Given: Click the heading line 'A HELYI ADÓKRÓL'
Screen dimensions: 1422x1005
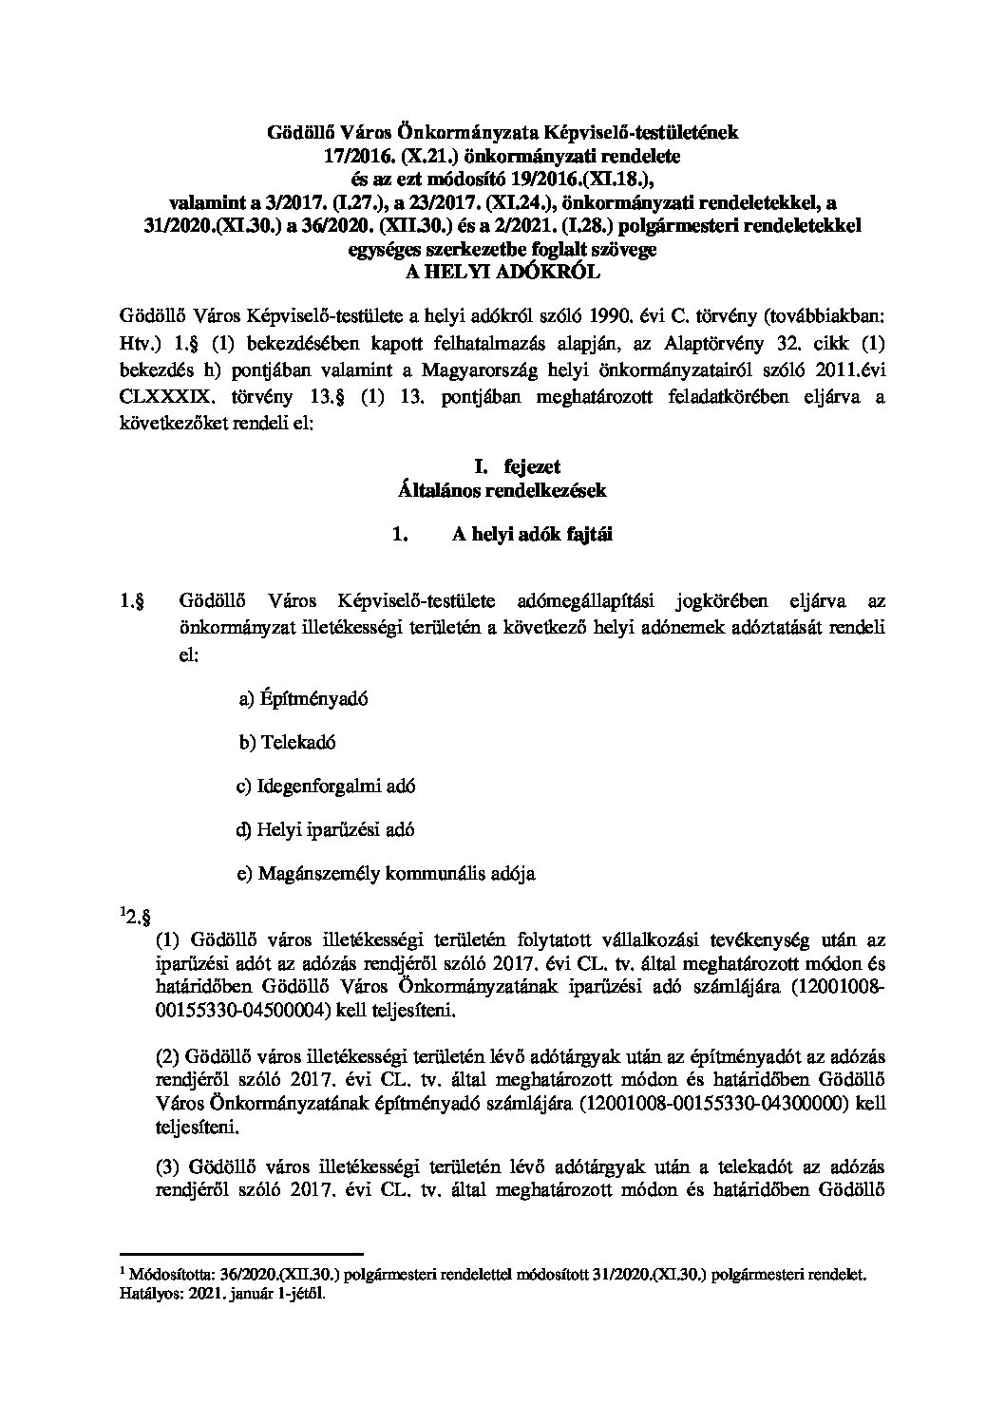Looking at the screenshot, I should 502,271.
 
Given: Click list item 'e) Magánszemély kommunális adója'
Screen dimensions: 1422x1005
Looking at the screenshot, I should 386,873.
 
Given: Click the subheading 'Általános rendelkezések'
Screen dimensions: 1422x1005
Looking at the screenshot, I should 502,490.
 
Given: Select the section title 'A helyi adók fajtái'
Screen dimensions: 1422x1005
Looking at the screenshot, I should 532,535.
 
